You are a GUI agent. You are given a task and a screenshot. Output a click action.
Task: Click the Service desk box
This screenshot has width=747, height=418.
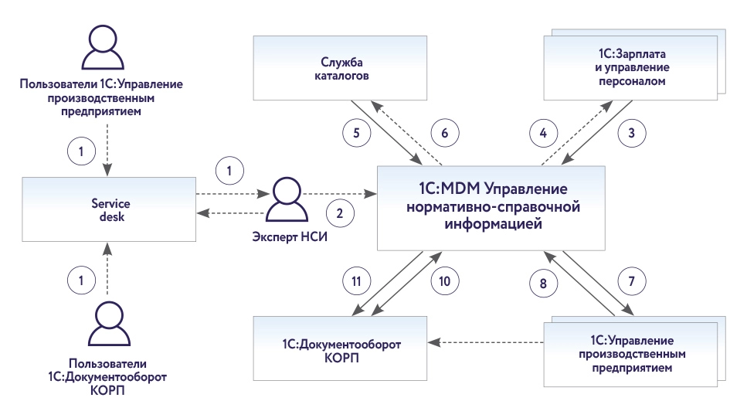pyautogui.click(x=108, y=209)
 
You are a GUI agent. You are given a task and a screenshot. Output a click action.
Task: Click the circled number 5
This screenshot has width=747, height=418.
pyautogui.click(x=357, y=133)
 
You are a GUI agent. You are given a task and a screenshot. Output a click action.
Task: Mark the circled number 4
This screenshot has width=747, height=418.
pyautogui.click(x=543, y=133)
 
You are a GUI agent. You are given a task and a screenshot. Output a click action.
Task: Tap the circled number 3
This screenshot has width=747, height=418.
pyautogui.click(x=632, y=133)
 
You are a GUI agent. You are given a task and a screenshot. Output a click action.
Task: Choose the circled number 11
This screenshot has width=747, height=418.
pyautogui.click(x=355, y=282)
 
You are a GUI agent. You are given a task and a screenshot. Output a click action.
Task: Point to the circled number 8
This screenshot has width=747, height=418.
pyautogui.click(x=543, y=282)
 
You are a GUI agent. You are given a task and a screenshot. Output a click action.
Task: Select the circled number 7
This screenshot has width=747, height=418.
pyautogui.click(x=632, y=282)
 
